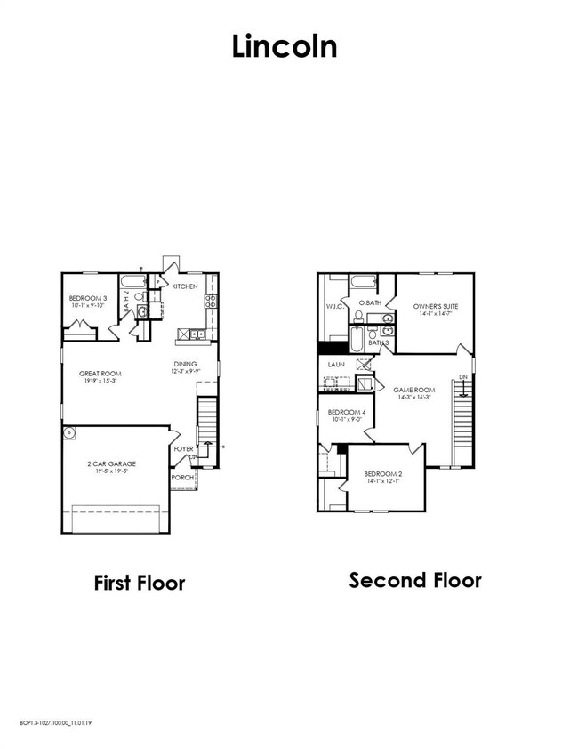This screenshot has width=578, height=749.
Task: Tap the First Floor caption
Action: [x=140, y=584]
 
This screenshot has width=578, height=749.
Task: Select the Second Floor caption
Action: [x=415, y=581]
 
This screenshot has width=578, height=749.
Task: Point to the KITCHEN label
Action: [x=185, y=286]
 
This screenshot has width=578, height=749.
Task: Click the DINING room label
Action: [x=185, y=363]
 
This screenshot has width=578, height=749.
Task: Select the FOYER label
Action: [x=183, y=449]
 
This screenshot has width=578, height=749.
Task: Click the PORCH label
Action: [x=182, y=478]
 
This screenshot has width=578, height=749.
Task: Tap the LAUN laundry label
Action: [x=336, y=365]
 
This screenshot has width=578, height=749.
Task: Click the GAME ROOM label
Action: [x=413, y=390]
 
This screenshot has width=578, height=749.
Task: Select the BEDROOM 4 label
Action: [x=346, y=413]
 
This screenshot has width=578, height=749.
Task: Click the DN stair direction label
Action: [x=462, y=379]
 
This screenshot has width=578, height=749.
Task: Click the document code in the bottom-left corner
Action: [x=54, y=722]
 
